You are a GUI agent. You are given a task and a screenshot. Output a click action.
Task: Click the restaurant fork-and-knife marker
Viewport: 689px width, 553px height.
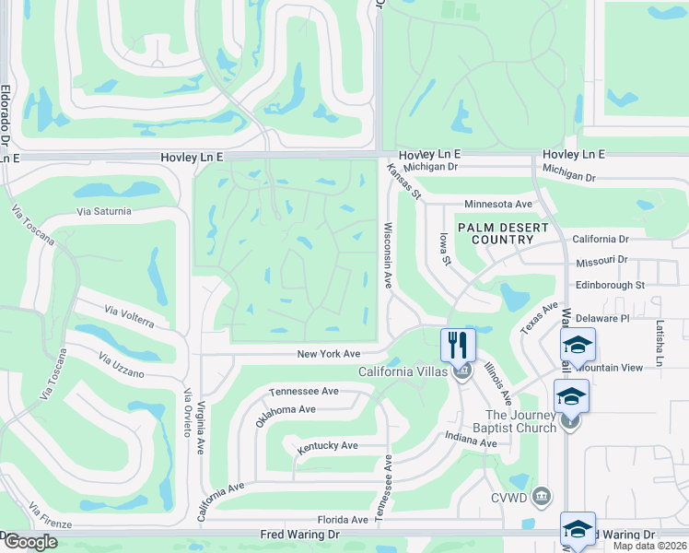tap(458, 345)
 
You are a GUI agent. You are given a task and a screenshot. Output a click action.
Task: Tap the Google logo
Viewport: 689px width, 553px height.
tap(30, 542)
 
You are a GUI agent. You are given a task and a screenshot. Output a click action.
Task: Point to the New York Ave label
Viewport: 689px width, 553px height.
tap(328, 354)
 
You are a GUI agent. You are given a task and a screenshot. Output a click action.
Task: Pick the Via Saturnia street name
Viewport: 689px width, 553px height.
tap(104, 211)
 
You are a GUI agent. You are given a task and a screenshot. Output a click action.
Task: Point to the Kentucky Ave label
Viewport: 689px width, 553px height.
tap(327, 446)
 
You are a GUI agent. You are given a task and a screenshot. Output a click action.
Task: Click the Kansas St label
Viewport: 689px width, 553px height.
tap(403, 182)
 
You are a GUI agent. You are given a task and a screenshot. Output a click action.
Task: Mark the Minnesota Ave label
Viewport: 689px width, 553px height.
tap(498, 204)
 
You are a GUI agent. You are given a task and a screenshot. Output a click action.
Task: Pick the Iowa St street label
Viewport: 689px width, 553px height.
tap(445, 249)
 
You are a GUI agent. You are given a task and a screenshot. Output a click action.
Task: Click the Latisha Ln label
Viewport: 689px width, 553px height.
tap(660, 343)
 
